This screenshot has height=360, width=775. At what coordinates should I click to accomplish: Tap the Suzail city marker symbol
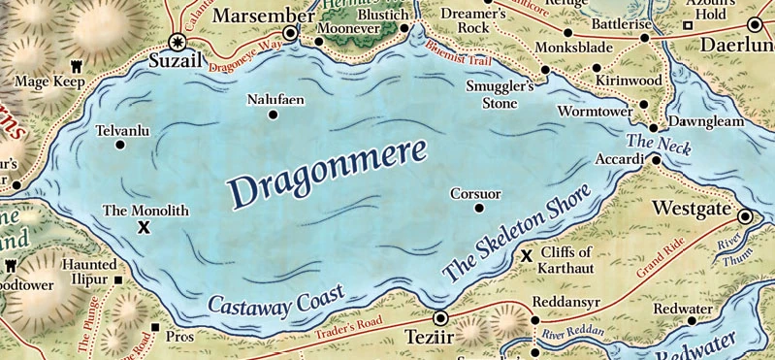(177, 42)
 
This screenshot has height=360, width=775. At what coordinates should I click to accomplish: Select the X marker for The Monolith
(145, 227)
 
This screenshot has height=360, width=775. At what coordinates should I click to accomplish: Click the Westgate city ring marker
(745, 217)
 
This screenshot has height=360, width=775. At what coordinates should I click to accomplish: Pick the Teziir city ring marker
(439, 317)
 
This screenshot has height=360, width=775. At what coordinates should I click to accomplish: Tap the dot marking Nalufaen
(272, 115)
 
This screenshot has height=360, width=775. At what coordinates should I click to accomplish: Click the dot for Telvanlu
(120, 145)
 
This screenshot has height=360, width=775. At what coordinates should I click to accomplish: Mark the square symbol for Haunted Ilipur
(119, 281)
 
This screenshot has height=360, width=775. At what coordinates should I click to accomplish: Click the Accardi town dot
(656, 160)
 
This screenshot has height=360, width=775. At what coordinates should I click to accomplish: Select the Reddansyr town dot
(534, 319)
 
